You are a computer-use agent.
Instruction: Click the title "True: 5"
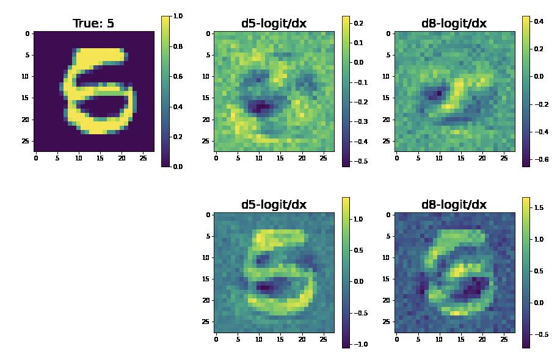point(93,24)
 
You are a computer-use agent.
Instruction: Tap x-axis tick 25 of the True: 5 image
point(143,158)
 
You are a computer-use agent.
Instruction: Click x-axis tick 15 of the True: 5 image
point(100,158)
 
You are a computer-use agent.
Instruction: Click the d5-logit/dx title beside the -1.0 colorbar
point(274,205)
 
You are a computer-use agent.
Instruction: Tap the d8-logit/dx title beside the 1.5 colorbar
point(454,205)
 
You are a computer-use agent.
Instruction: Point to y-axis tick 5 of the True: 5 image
point(27,55)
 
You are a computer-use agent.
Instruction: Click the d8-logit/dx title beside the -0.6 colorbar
point(454,24)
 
